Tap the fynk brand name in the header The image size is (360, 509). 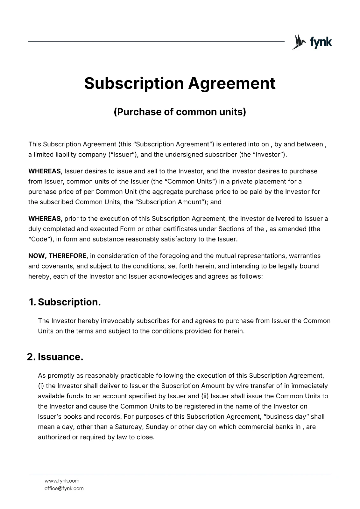point(321,42)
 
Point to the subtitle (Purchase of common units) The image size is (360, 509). point(180,112)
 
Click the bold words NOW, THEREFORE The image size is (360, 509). point(57,256)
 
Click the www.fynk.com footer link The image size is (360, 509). point(62,481)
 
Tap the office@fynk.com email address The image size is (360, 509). point(64,488)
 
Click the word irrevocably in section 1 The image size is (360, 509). point(113,321)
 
